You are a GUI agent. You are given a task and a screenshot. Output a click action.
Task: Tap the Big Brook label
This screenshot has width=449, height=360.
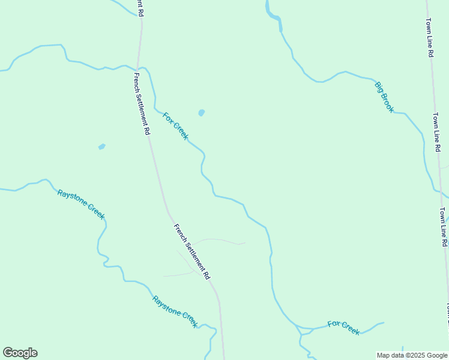point(384,97)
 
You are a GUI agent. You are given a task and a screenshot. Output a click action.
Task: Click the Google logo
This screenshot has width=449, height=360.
point(20,353)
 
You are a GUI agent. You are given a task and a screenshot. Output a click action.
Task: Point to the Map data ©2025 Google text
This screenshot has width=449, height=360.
point(412,355)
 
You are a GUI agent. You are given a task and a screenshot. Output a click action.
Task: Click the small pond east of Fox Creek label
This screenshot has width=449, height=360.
point(201,112)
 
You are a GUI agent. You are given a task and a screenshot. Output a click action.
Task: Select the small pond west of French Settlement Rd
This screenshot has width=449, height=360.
point(101,146)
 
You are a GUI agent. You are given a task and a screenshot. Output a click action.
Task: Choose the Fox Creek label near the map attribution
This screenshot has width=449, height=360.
point(343,328)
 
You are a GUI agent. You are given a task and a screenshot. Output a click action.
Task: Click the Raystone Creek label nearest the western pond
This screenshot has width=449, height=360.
point(80,203)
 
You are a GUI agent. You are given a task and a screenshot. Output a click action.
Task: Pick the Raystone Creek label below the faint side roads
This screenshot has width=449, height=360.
point(175,311)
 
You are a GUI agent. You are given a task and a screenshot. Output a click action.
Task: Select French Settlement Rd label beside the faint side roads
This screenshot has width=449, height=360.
point(191,251)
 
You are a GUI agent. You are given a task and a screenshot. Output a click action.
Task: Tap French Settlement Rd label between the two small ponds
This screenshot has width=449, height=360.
point(142,103)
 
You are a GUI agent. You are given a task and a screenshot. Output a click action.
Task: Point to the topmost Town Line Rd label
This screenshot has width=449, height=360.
point(430,37)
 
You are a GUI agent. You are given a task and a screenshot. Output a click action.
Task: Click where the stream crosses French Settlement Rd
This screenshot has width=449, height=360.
point(139,67)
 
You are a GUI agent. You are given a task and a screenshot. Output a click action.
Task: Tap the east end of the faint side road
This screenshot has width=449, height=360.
point(244,243)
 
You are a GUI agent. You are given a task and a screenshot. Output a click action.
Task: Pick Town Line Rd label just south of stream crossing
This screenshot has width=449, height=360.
point(443,227)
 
